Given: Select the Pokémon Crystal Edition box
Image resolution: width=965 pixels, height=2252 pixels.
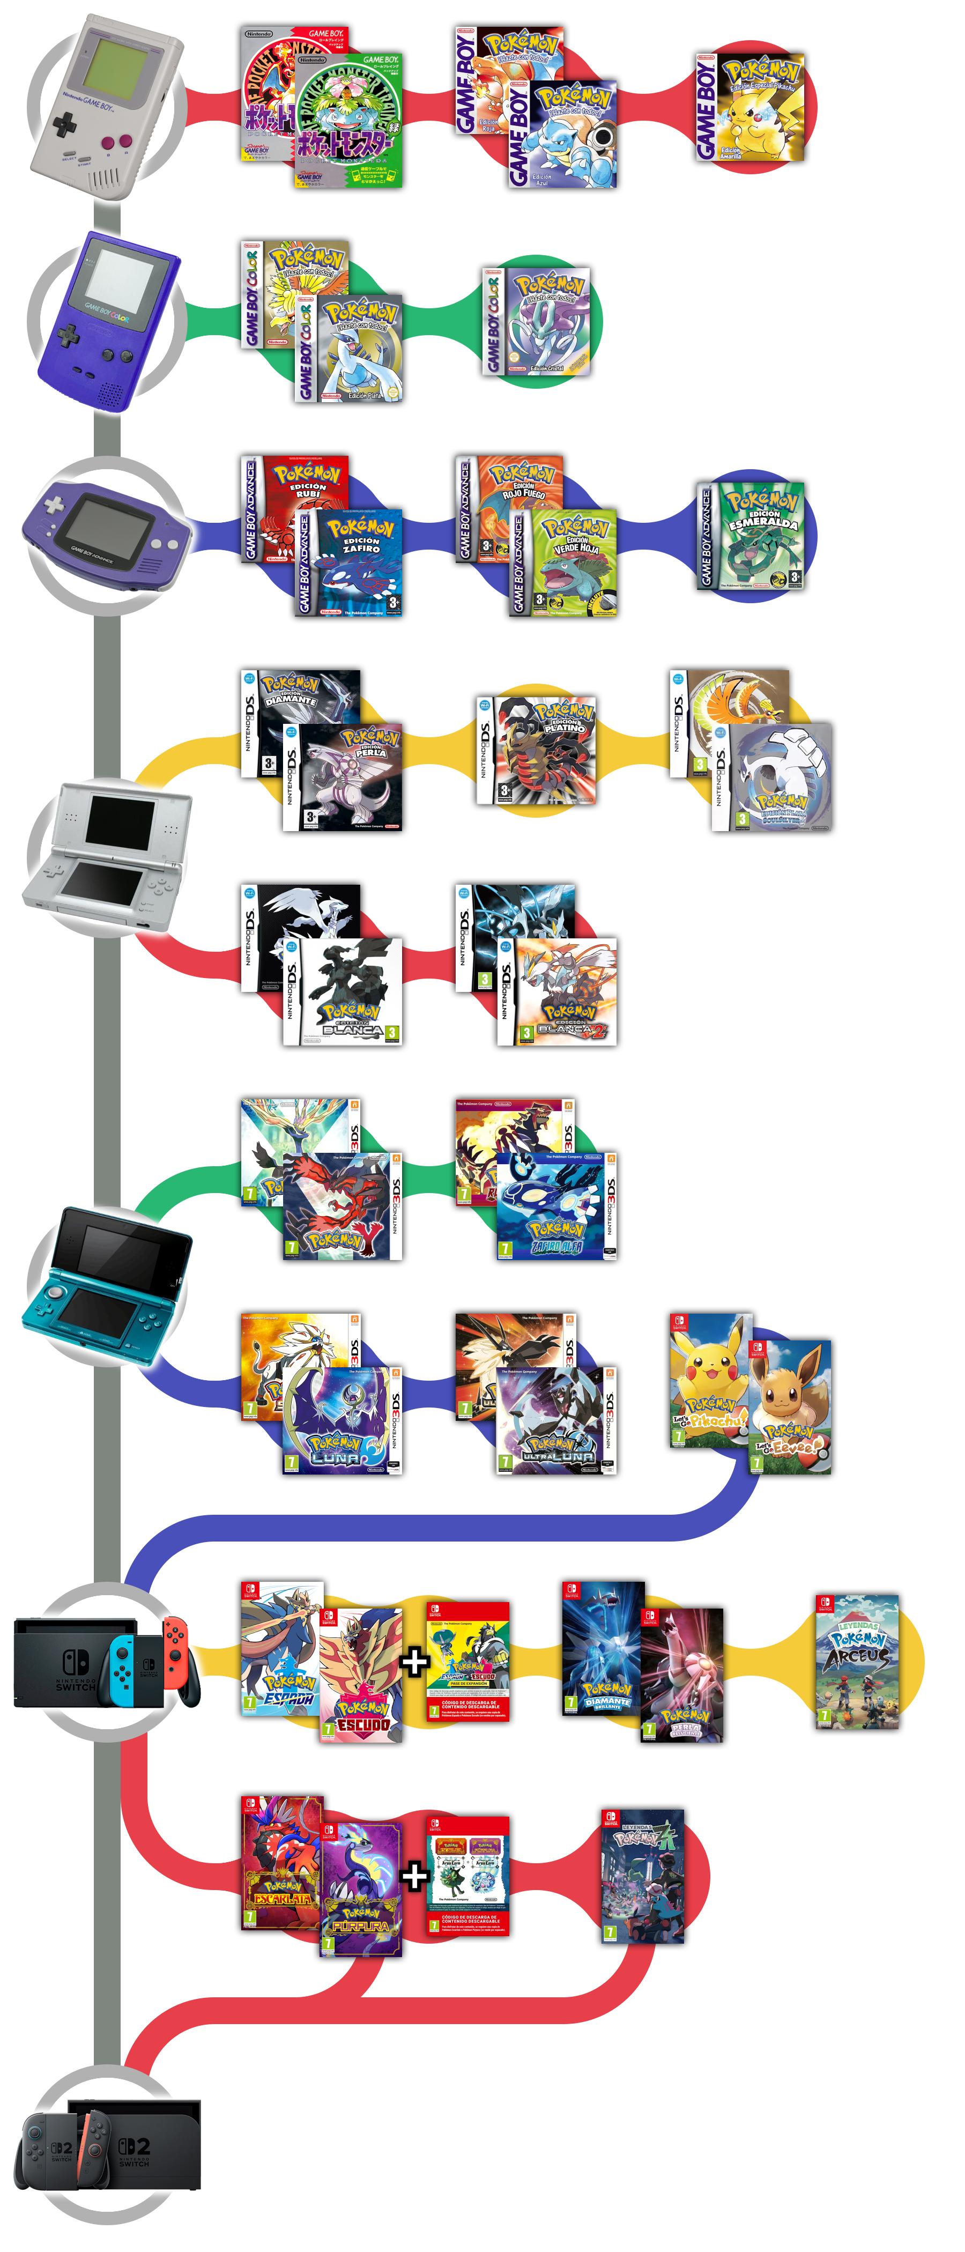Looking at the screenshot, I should click(536, 322).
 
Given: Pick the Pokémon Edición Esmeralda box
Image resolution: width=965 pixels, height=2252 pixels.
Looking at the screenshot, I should click(750, 535).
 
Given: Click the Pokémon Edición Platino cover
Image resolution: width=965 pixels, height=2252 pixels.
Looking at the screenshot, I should click(536, 750).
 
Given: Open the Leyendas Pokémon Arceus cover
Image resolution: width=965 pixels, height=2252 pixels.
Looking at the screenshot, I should click(857, 1661).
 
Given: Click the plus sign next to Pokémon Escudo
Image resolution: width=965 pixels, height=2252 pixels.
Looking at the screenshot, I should click(414, 1661).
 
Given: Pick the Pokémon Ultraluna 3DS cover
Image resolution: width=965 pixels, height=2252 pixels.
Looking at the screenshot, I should click(556, 1420).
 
